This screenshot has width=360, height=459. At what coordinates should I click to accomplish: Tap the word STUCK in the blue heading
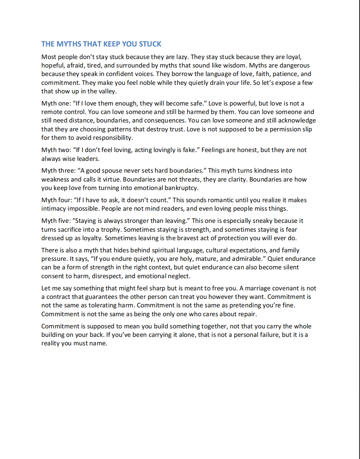pyautogui.click(x=150, y=44)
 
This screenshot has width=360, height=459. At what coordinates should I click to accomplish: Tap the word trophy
pyautogui.click(x=110, y=229)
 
